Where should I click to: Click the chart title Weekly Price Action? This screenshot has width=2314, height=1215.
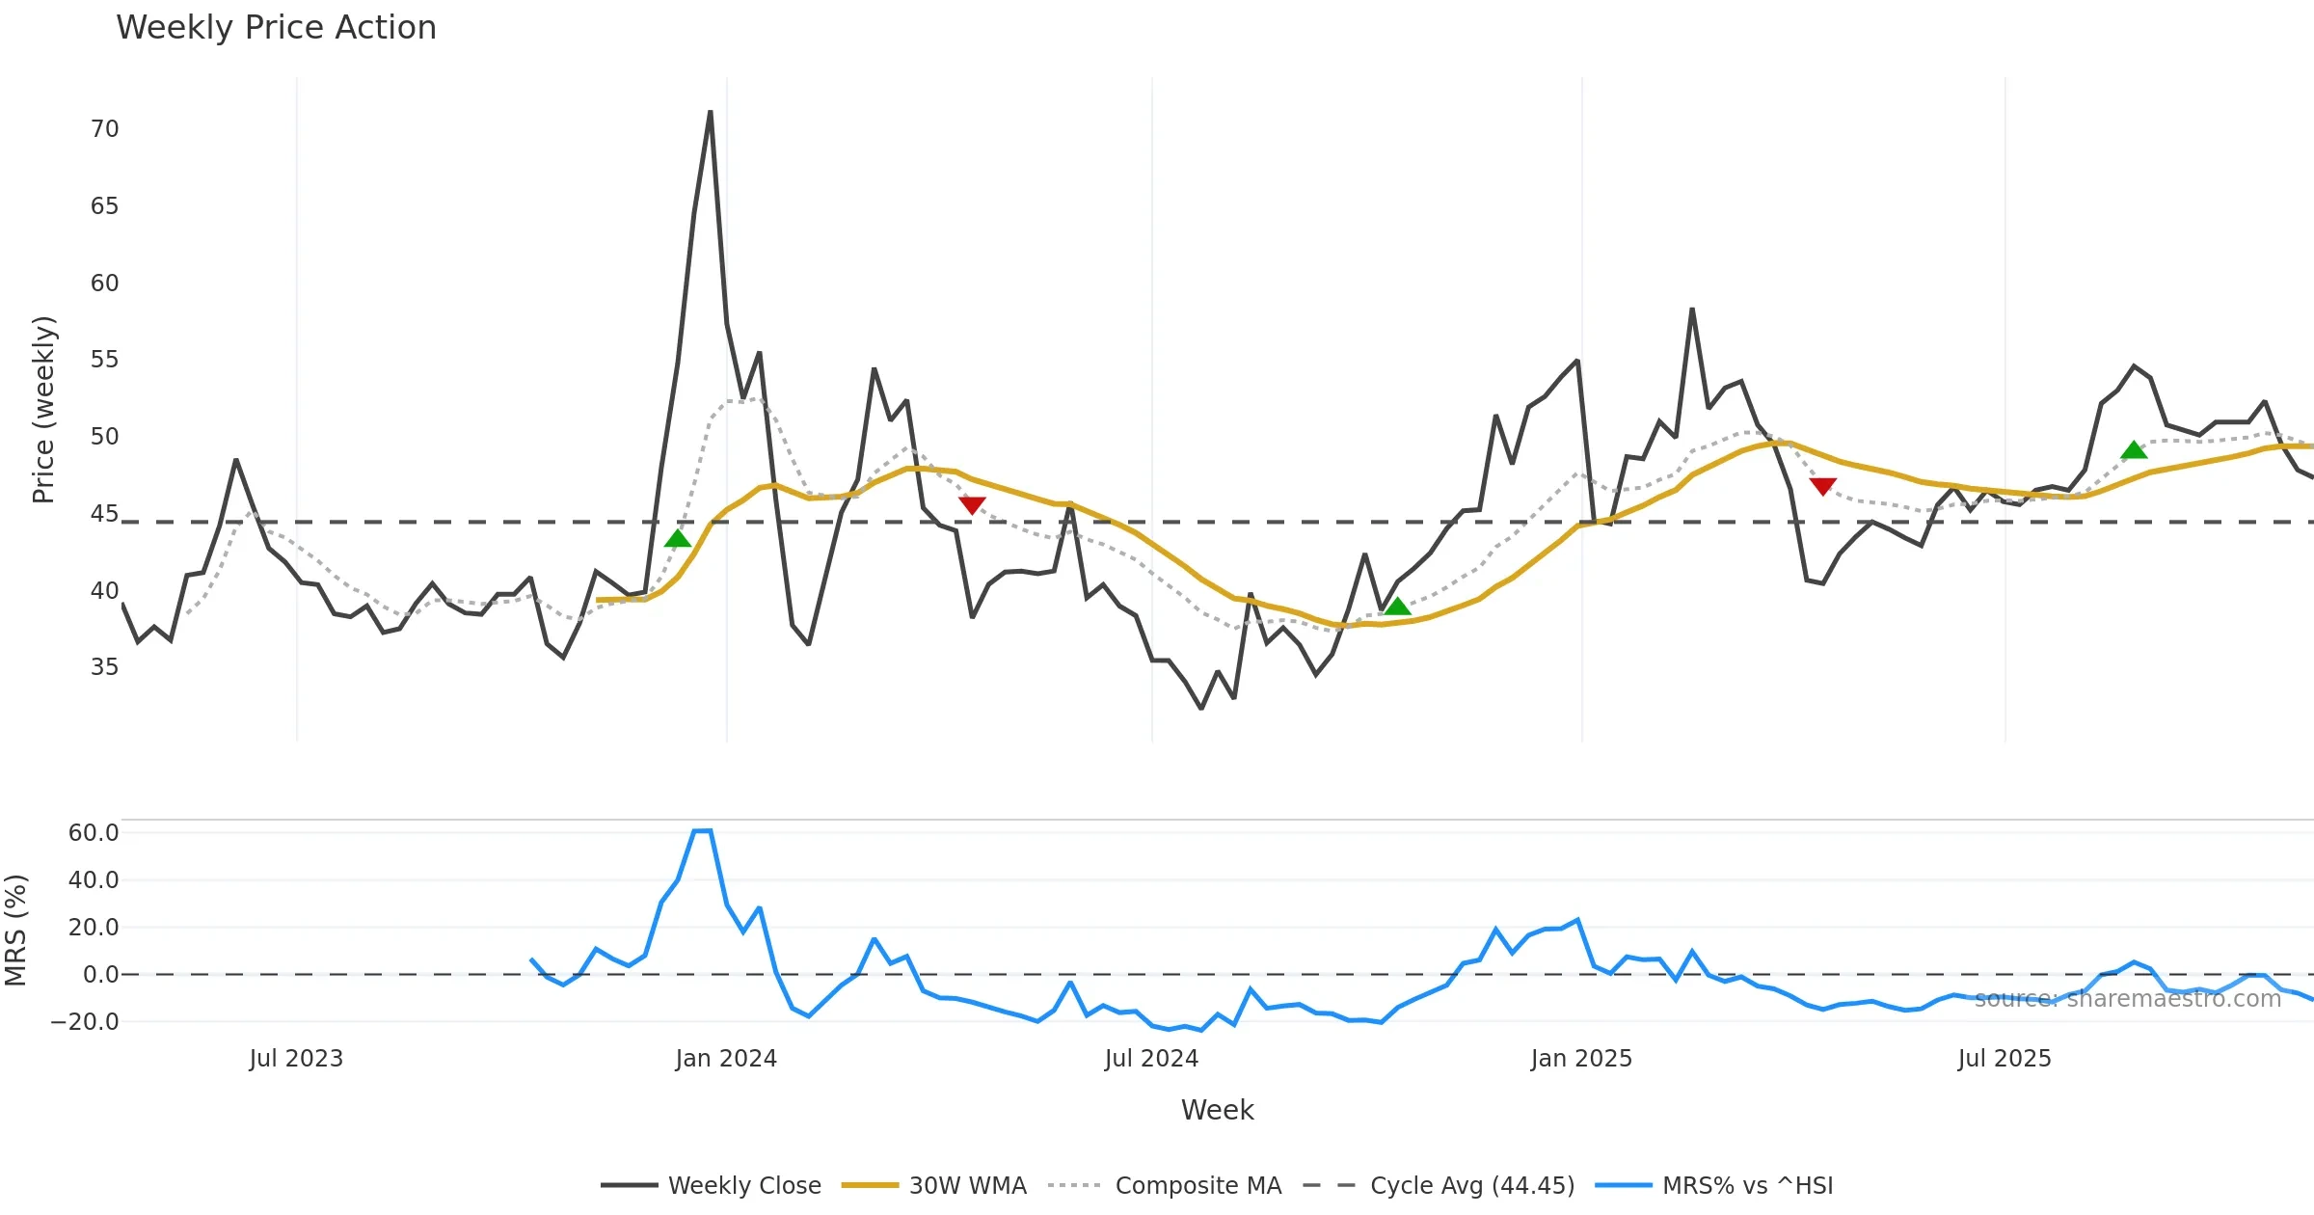(276, 28)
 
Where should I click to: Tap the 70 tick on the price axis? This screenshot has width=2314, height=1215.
(104, 129)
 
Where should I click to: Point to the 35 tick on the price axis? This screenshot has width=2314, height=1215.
(104, 667)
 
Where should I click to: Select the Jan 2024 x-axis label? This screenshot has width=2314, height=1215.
(725, 1059)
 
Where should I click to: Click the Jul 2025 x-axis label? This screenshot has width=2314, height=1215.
(2004, 1059)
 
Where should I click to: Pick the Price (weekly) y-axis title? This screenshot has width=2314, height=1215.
(43, 410)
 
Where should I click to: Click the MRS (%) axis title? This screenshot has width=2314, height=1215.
(16, 931)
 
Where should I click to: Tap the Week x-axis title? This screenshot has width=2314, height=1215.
(1217, 1111)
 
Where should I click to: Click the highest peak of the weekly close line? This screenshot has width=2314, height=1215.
(711, 112)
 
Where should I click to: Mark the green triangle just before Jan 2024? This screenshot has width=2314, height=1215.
(678, 538)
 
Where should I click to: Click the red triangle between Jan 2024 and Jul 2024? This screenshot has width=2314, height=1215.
(972, 504)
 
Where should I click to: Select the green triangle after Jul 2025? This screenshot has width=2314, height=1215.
(2134, 450)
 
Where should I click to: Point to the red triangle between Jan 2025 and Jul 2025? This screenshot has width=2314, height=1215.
(1822, 486)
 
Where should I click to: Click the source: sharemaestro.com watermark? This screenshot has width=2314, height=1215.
(2127, 999)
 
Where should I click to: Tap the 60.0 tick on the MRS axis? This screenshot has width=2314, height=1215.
(94, 833)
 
